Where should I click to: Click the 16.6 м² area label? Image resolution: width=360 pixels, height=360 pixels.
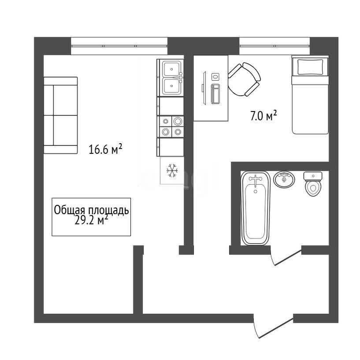click(x=105, y=149)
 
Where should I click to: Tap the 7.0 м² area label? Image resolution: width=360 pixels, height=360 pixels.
click(x=264, y=116)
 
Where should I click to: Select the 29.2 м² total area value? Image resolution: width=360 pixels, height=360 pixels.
click(x=91, y=221)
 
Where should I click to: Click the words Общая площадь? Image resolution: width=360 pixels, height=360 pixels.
click(x=91, y=210)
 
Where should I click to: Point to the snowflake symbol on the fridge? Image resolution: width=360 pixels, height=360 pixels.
click(x=172, y=171)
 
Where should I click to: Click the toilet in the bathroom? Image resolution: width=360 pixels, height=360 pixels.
click(x=313, y=184)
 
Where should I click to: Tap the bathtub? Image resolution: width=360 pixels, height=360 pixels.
click(x=255, y=208)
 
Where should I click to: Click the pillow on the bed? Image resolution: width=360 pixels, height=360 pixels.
click(x=310, y=67)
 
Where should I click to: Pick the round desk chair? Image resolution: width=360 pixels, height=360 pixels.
click(x=244, y=79)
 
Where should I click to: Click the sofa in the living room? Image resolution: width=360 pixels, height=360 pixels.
click(x=61, y=115)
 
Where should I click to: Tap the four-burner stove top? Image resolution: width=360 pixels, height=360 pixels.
click(x=171, y=126)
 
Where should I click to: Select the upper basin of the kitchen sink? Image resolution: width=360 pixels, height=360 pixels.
click(x=171, y=69)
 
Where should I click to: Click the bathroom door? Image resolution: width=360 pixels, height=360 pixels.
click(x=286, y=257)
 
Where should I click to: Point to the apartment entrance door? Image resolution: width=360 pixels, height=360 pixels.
click(x=273, y=327)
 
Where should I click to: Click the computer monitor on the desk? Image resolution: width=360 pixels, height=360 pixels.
click(x=204, y=88)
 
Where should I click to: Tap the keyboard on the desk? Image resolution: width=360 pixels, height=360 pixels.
click(x=215, y=94)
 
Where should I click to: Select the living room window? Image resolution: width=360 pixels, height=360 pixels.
click(x=119, y=46)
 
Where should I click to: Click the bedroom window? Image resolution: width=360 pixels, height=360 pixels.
click(x=275, y=46)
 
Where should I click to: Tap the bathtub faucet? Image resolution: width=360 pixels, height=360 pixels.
click(x=256, y=181)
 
